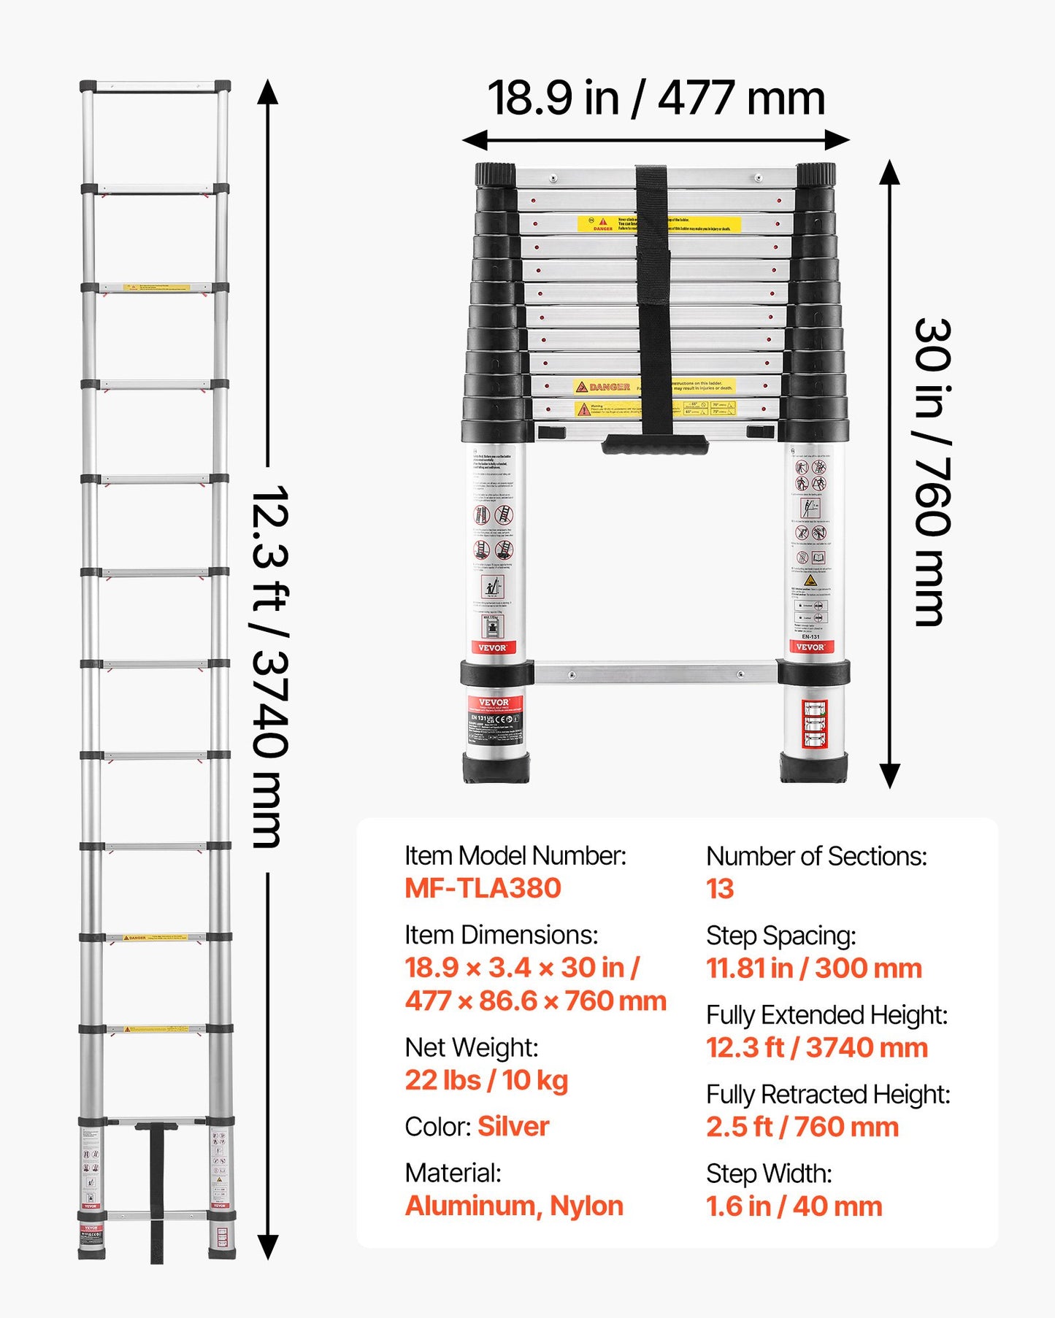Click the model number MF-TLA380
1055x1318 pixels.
coord(483,888)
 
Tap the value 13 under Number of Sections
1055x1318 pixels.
coord(719,889)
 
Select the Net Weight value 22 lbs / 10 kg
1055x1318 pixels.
coord(486,1080)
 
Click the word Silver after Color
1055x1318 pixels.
coord(513,1126)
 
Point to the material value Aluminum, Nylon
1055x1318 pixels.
coord(514,1206)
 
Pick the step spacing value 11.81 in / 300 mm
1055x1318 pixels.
coord(813,968)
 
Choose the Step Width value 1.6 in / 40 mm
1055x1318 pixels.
coord(794,1206)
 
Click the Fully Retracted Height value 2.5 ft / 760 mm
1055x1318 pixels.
coord(802,1127)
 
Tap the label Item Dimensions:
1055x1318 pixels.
coord(501,935)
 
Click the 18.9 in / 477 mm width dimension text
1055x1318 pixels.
coord(656,99)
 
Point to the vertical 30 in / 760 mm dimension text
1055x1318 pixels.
coord(932,472)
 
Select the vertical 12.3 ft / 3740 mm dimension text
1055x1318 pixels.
coord(269,666)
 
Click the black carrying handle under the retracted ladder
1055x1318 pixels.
coord(655,444)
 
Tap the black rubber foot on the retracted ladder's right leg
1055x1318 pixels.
coord(813,768)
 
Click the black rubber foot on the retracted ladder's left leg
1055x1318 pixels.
coord(496,768)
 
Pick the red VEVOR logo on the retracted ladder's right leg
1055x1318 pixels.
coord(810,647)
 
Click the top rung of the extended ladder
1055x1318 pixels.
coord(155,87)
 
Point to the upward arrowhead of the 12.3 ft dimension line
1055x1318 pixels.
coord(268,92)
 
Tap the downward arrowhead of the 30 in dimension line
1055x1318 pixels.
coord(889,776)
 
